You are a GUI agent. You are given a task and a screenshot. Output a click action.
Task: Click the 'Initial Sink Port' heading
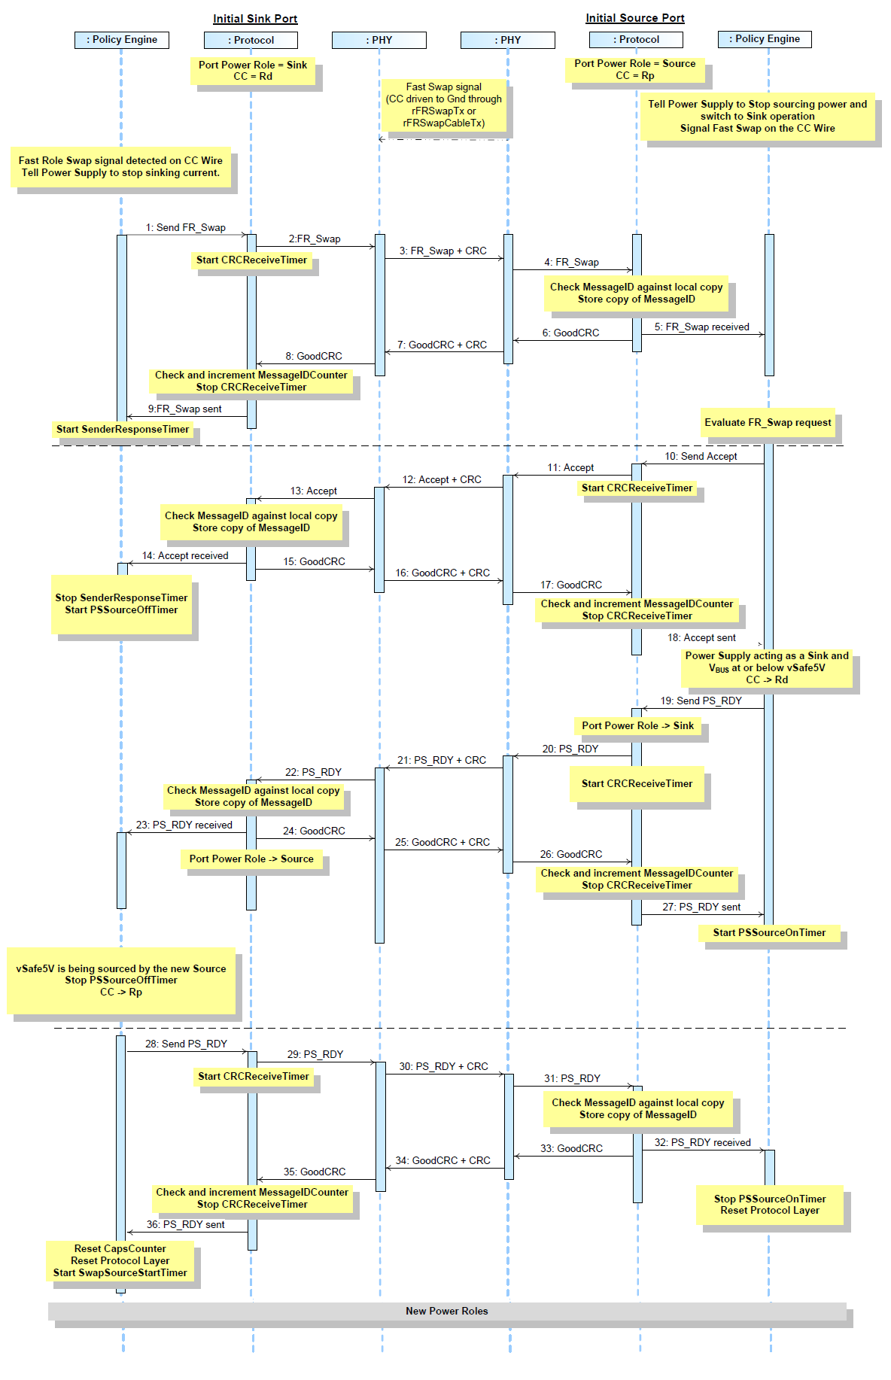pyautogui.click(x=255, y=19)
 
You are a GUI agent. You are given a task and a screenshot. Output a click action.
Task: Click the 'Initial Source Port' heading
pyautogui.click(x=635, y=18)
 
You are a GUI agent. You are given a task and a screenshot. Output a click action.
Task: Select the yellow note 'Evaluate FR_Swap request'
pyautogui.click(x=768, y=423)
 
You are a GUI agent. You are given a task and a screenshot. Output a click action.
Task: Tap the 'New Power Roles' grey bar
pyautogui.click(x=447, y=1312)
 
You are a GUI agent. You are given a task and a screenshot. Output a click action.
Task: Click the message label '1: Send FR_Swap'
pyautogui.click(x=185, y=227)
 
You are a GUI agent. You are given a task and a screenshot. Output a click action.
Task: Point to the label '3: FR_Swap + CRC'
pyautogui.click(x=442, y=251)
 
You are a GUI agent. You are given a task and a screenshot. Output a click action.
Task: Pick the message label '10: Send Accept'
pyautogui.click(x=701, y=456)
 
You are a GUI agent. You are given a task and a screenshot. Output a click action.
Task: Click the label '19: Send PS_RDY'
pyautogui.click(x=701, y=701)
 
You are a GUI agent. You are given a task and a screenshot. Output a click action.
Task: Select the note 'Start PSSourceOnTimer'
pyautogui.click(x=769, y=933)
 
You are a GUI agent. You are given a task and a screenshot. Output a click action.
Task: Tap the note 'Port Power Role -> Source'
pyautogui.click(x=251, y=859)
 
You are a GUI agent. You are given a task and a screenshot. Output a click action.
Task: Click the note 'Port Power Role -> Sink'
pyautogui.click(x=637, y=726)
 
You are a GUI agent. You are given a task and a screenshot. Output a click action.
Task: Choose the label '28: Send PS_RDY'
pyautogui.click(x=186, y=1044)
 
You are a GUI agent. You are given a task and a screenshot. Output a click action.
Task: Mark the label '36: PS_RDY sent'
pyautogui.click(x=185, y=1224)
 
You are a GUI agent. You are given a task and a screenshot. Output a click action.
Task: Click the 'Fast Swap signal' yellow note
pyautogui.click(x=444, y=105)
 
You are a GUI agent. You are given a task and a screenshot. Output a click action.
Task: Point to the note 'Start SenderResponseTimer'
pyautogui.click(x=123, y=430)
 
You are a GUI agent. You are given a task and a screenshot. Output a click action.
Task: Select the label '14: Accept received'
pyautogui.click(x=185, y=555)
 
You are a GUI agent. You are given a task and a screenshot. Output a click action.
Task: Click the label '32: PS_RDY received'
pyautogui.click(x=702, y=1142)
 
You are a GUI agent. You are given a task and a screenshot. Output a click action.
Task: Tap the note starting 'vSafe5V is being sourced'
pyautogui.click(x=121, y=980)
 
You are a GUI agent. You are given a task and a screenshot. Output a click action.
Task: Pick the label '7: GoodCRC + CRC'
pyautogui.click(x=442, y=345)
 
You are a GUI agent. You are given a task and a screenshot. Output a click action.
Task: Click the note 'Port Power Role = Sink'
pyautogui.click(x=253, y=71)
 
